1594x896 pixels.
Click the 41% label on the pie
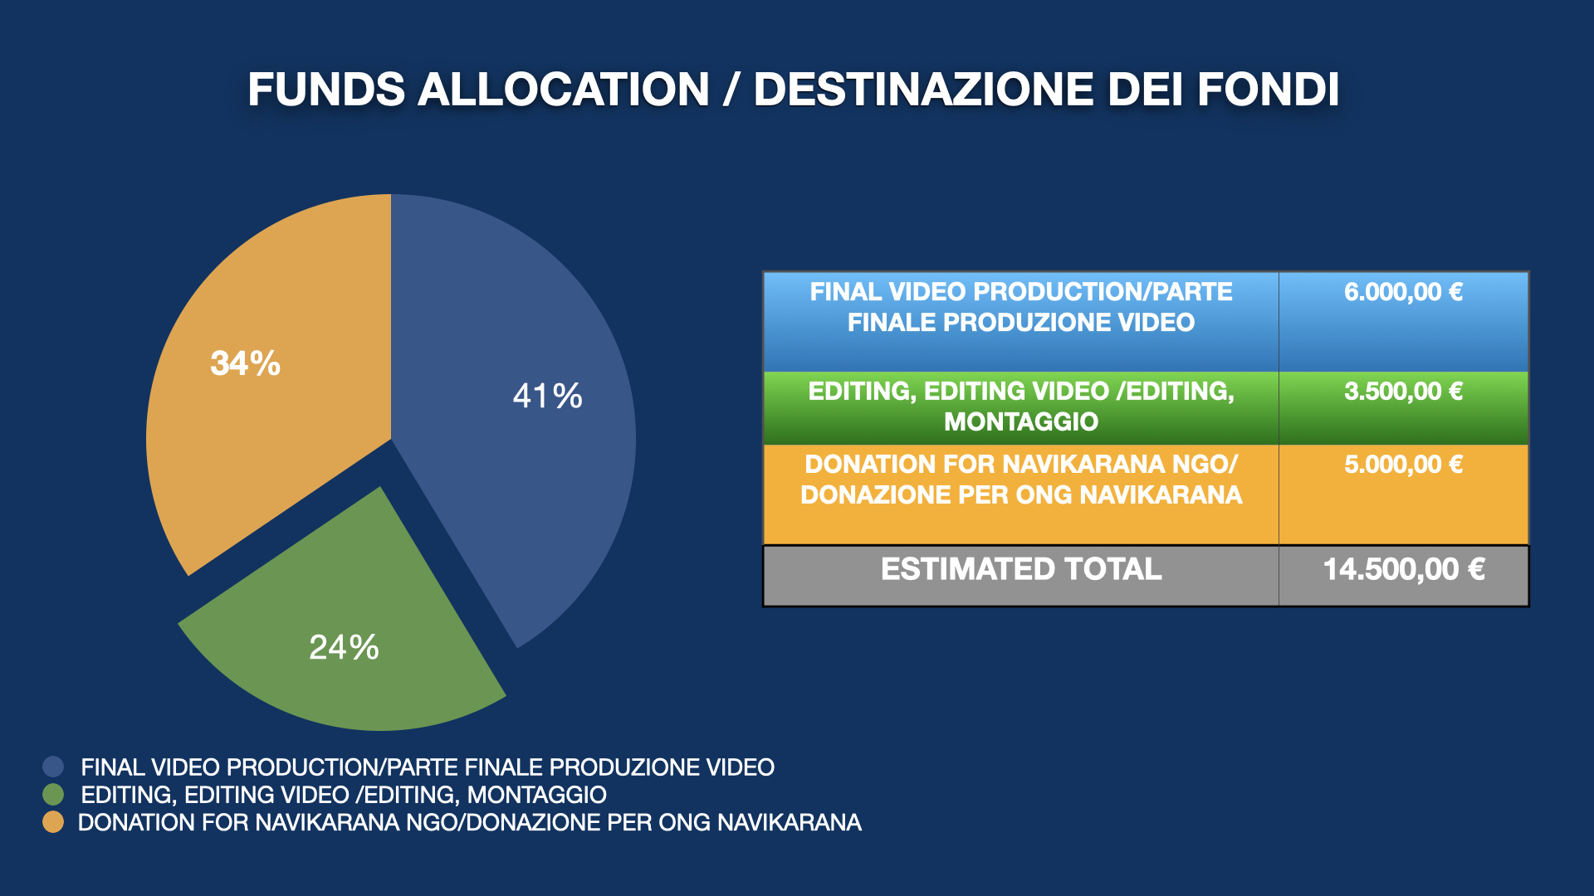point(548,396)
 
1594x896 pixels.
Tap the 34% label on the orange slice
point(246,363)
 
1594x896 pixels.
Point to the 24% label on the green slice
point(344,647)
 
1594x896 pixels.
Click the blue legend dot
point(53,767)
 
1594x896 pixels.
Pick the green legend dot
point(53,795)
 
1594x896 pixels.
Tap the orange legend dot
point(53,822)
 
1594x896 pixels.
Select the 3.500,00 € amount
point(1403,392)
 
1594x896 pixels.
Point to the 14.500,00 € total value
point(1404,569)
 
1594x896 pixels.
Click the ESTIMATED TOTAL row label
point(1021,569)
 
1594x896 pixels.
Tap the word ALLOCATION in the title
point(564,90)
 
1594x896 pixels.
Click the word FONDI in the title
point(1269,90)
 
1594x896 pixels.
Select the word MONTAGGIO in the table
point(1021,421)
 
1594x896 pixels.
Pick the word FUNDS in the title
point(326,90)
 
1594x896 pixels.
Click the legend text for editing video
point(344,795)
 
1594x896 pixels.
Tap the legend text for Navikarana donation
point(470,822)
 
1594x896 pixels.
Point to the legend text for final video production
point(428,767)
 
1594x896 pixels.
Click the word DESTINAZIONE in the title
point(923,90)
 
